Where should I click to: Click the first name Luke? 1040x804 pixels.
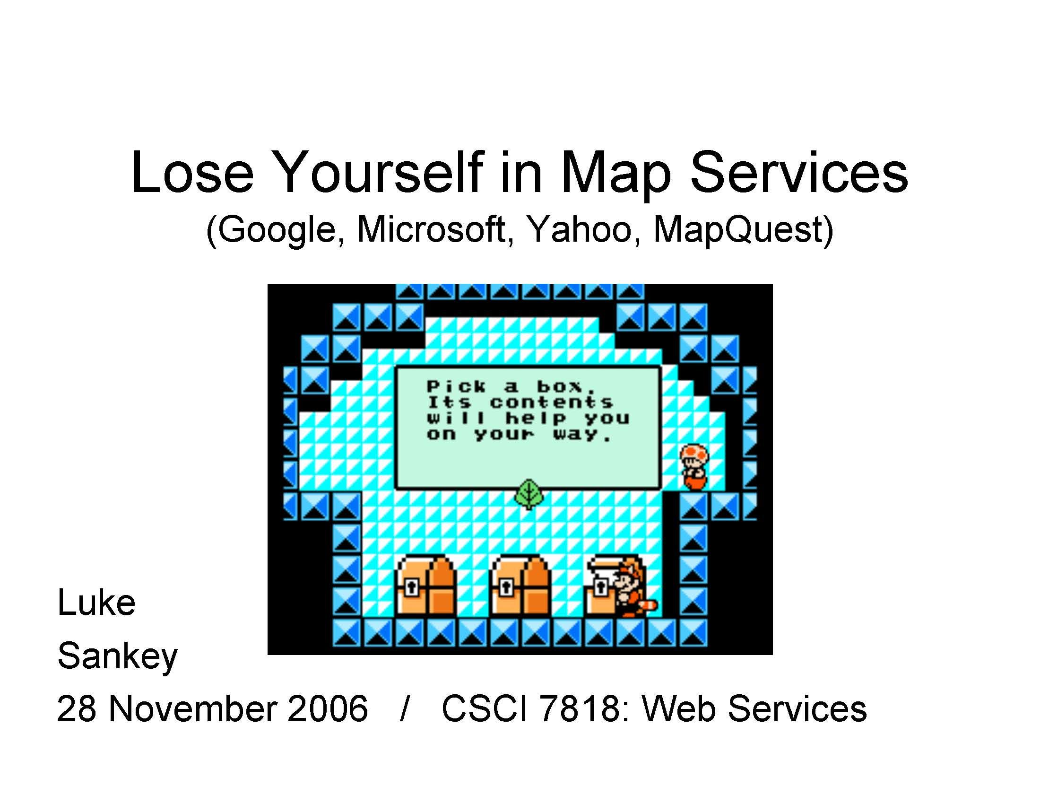pos(96,603)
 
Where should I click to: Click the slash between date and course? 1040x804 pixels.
pos(405,709)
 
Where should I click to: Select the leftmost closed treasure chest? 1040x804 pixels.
pos(425,586)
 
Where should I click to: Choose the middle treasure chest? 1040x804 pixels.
pos(520,586)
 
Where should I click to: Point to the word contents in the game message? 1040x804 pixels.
pos(551,402)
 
